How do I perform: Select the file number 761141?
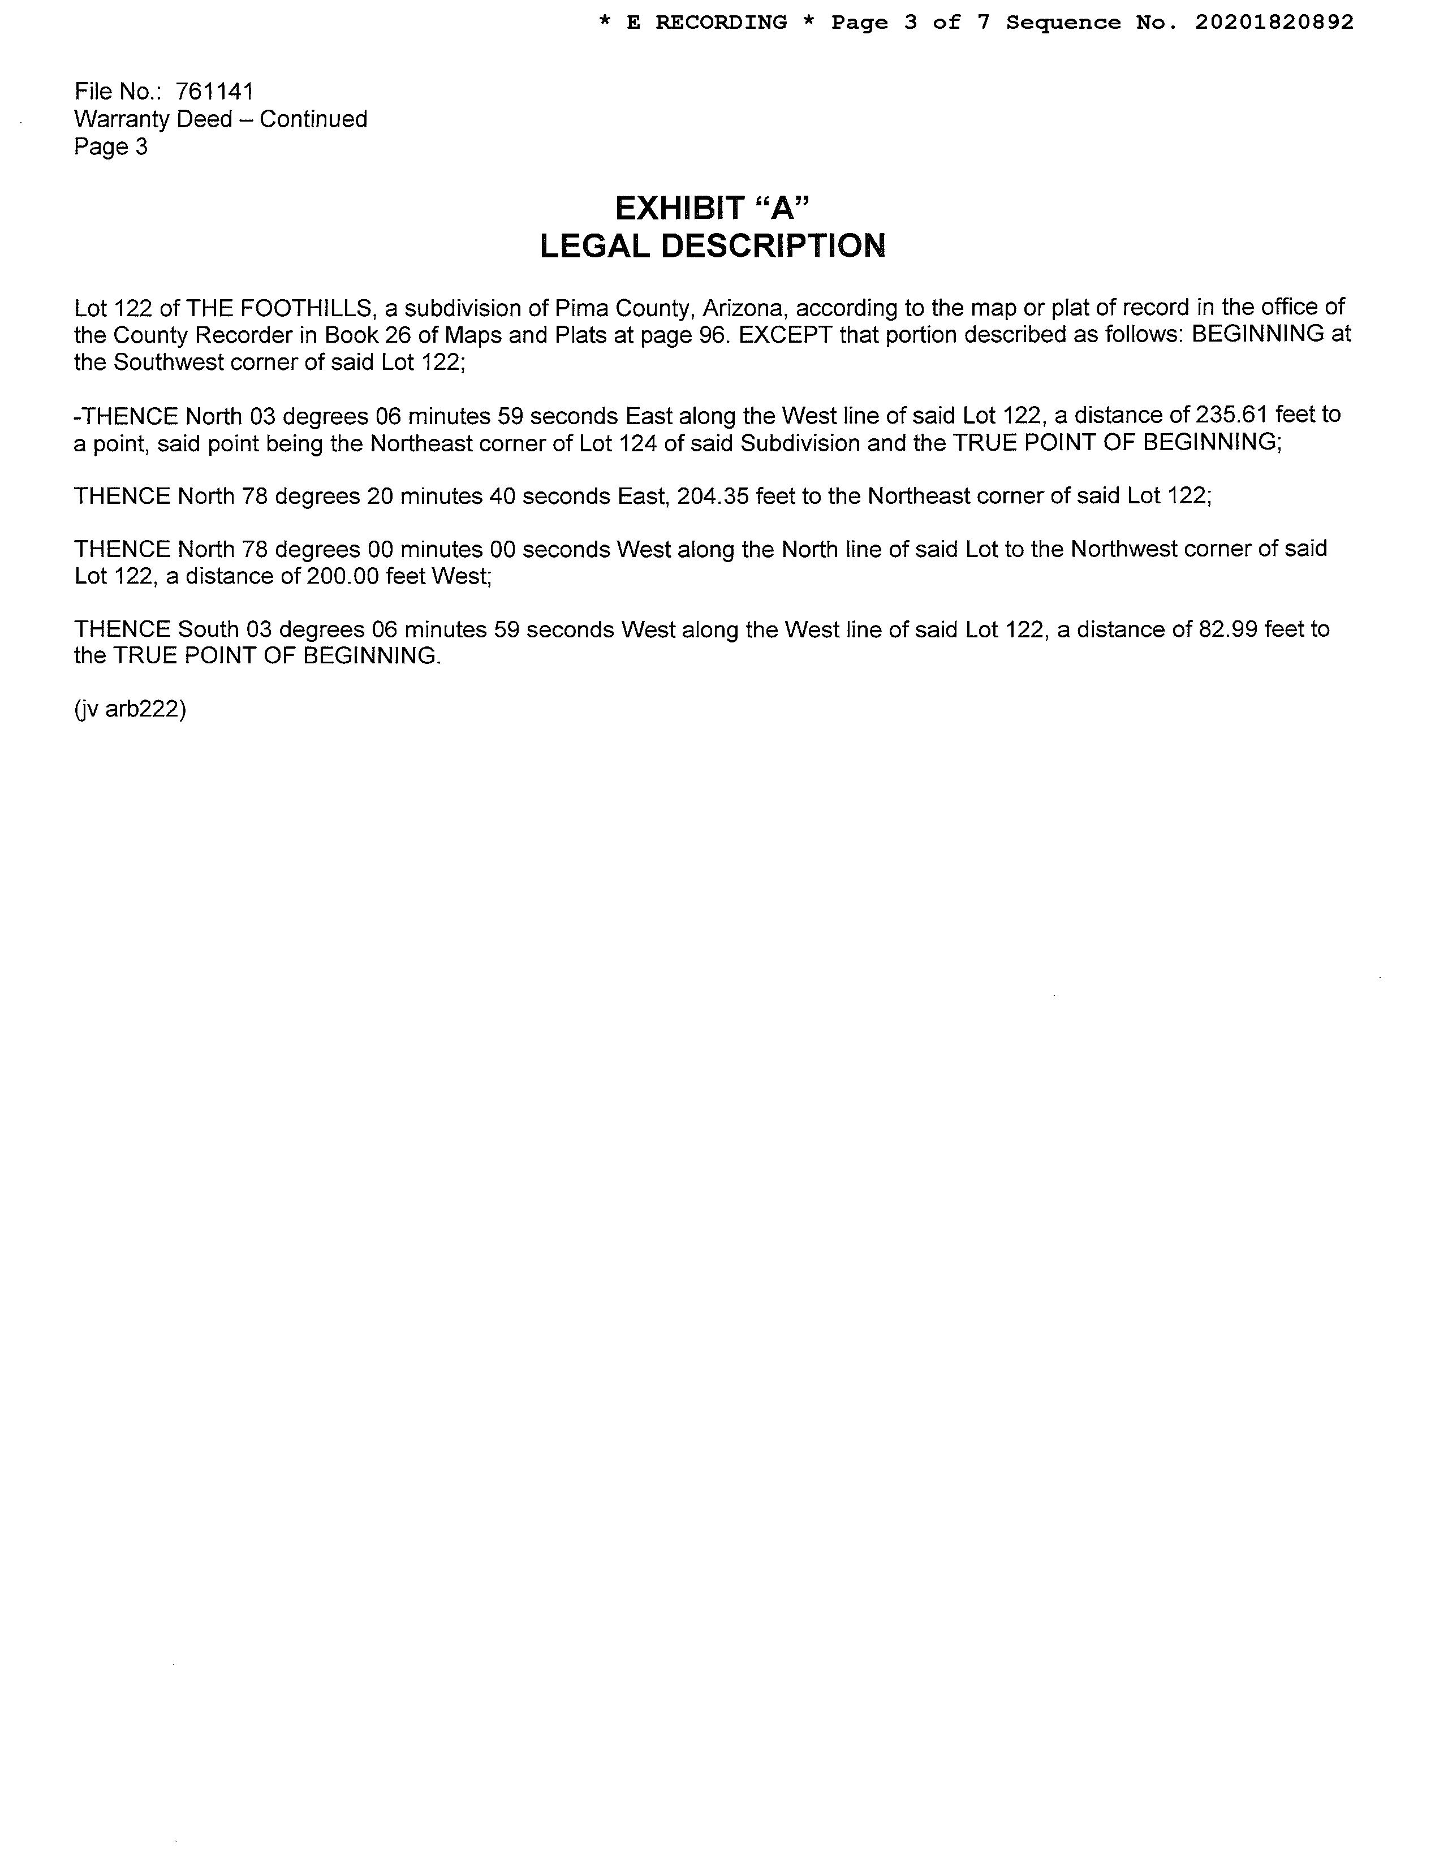214,91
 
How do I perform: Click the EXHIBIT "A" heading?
712,208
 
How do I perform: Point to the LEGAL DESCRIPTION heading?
712,246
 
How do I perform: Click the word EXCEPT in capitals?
785,334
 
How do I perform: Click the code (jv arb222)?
131,709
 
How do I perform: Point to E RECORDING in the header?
707,22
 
